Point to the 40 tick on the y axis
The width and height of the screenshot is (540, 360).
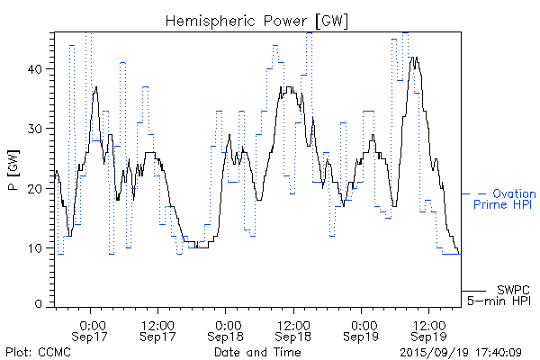click(39, 68)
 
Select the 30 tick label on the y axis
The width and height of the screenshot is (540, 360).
click(39, 129)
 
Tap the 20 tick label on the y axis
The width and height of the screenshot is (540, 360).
click(39, 188)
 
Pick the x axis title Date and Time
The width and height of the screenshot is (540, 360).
click(257, 352)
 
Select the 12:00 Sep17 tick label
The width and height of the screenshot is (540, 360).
click(158, 329)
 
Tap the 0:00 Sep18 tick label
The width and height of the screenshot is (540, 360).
click(228, 329)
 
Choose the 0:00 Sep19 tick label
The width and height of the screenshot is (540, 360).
click(364, 329)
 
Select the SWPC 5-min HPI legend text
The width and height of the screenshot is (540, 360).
click(499, 294)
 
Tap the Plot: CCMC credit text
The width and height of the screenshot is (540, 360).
click(35, 352)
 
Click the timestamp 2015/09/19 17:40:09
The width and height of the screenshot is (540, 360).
click(461, 352)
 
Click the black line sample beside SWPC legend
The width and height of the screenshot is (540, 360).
click(474, 291)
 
